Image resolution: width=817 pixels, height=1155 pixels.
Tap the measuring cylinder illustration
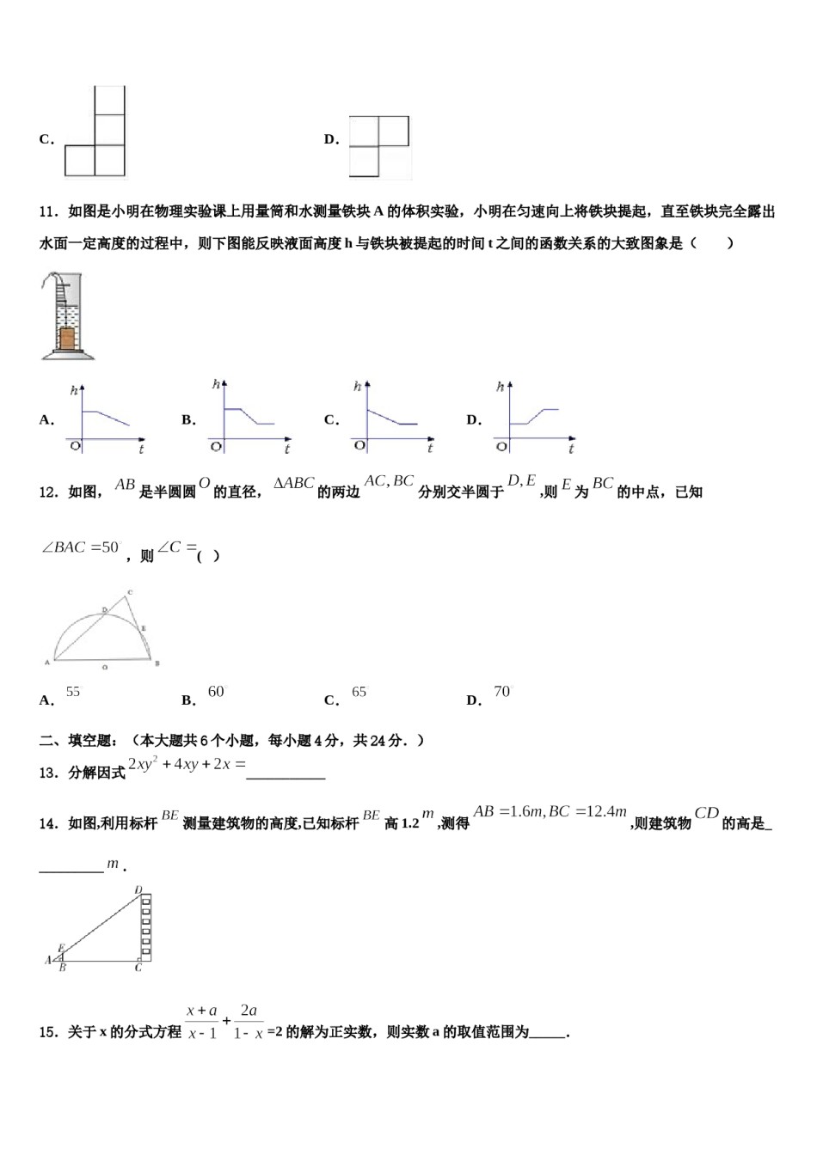[66, 315]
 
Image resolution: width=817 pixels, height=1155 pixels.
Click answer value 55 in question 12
[73, 692]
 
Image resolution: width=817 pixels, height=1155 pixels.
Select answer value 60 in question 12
[216, 692]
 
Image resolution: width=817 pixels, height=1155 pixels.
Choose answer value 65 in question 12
[359, 692]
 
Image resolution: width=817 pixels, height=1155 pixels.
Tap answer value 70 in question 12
[502, 692]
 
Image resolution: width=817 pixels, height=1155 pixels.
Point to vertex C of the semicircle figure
[129, 592]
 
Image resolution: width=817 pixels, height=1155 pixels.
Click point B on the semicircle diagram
[157, 663]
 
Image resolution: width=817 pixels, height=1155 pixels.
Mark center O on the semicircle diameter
[104, 665]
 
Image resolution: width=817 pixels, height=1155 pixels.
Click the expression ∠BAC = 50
[80, 547]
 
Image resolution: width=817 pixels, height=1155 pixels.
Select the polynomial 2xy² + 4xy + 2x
[186, 764]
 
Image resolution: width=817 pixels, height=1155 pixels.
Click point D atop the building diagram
[138, 889]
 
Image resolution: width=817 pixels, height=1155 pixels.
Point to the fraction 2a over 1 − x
[248, 1022]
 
